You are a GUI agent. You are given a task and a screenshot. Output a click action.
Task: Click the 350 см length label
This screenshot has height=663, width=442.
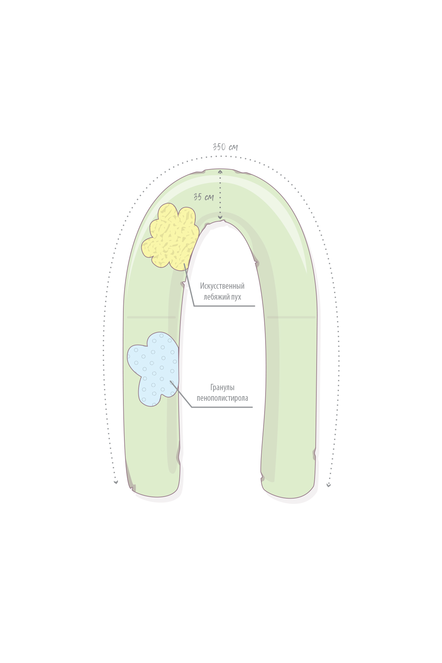click(x=225, y=147)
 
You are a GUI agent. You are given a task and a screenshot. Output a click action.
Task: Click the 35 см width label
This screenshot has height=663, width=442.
click(x=204, y=197)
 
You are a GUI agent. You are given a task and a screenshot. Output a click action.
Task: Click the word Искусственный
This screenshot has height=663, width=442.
click(x=222, y=286)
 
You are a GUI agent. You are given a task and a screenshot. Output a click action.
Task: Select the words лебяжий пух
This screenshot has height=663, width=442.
click(x=222, y=297)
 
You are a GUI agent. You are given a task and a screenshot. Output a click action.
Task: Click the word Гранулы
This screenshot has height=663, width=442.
click(x=222, y=387)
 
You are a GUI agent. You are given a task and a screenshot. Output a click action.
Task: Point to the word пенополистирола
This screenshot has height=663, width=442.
click(x=222, y=398)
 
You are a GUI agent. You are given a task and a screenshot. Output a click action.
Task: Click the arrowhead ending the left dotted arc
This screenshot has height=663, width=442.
click(x=116, y=482)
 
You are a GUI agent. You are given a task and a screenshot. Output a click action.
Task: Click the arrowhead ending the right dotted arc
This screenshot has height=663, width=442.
click(x=329, y=485)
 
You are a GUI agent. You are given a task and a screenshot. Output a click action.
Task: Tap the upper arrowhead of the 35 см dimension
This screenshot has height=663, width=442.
click(x=220, y=172)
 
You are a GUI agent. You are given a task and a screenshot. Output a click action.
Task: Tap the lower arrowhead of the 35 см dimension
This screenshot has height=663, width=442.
click(x=220, y=217)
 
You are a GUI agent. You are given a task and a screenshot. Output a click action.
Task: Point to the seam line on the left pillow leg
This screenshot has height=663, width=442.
click(x=151, y=317)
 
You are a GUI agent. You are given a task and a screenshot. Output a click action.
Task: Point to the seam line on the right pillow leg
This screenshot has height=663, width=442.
click(x=291, y=317)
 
